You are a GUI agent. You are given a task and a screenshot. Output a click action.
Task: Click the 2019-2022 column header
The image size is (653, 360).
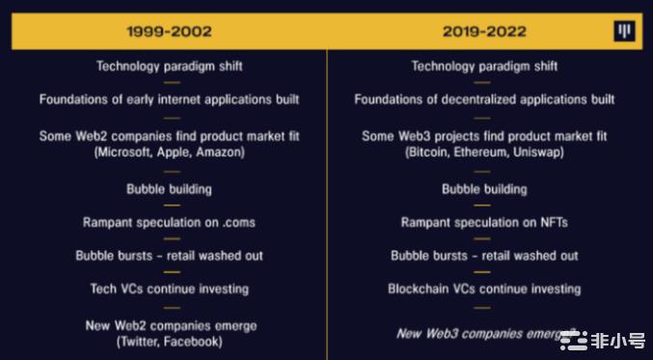pyautogui.click(x=484, y=32)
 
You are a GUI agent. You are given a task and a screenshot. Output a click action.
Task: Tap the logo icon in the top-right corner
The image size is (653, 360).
pyautogui.click(x=625, y=32)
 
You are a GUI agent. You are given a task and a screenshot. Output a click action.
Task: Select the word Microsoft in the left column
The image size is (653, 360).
pyautogui.click(x=123, y=152)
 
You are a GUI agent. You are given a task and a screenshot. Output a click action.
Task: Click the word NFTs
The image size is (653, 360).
pyautogui.click(x=550, y=222)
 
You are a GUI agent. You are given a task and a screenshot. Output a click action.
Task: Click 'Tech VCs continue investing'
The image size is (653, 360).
pyautogui.click(x=169, y=289)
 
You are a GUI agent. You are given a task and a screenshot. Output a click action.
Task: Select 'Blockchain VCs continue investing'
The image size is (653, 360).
pyautogui.click(x=484, y=289)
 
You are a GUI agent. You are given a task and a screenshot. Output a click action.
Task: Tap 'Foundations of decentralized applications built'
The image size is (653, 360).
pyautogui.click(x=484, y=99)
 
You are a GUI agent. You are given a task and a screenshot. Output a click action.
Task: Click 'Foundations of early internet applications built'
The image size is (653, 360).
pyautogui.click(x=169, y=99)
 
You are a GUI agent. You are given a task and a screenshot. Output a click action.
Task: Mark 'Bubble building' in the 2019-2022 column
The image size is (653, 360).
pyautogui.click(x=484, y=189)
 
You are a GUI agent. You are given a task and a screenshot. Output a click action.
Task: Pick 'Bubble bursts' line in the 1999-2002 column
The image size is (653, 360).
pyautogui.click(x=169, y=256)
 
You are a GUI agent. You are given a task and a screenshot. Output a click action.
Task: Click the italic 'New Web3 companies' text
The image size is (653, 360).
pyautogui.click(x=473, y=333)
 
